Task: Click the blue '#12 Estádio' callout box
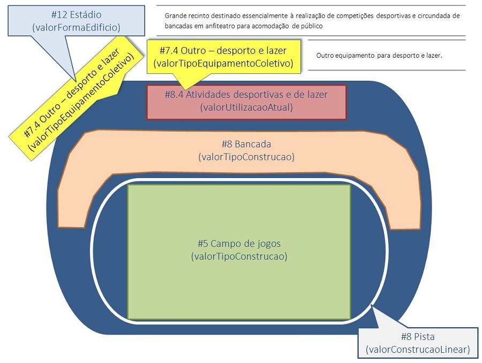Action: point(76,21)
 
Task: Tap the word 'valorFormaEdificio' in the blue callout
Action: point(76,28)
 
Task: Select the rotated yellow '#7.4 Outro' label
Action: point(76,98)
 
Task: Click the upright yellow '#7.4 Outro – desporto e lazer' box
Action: point(223,57)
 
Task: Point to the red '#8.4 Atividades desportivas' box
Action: point(246,102)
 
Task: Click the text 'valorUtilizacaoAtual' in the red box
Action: point(246,107)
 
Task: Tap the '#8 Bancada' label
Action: point(246,144)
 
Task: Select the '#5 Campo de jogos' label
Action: point(239,244)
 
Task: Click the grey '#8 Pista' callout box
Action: point(418,343)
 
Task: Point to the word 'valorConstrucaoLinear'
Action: point(418,350)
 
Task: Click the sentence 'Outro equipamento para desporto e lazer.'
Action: point(379,56)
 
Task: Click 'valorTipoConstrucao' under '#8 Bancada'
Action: point(246,157)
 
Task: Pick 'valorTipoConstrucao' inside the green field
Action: point(239,257)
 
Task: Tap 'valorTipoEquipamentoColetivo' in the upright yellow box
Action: point(223,64)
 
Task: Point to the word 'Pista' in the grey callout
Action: point(425,337)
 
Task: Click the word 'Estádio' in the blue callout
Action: point(86,15)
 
